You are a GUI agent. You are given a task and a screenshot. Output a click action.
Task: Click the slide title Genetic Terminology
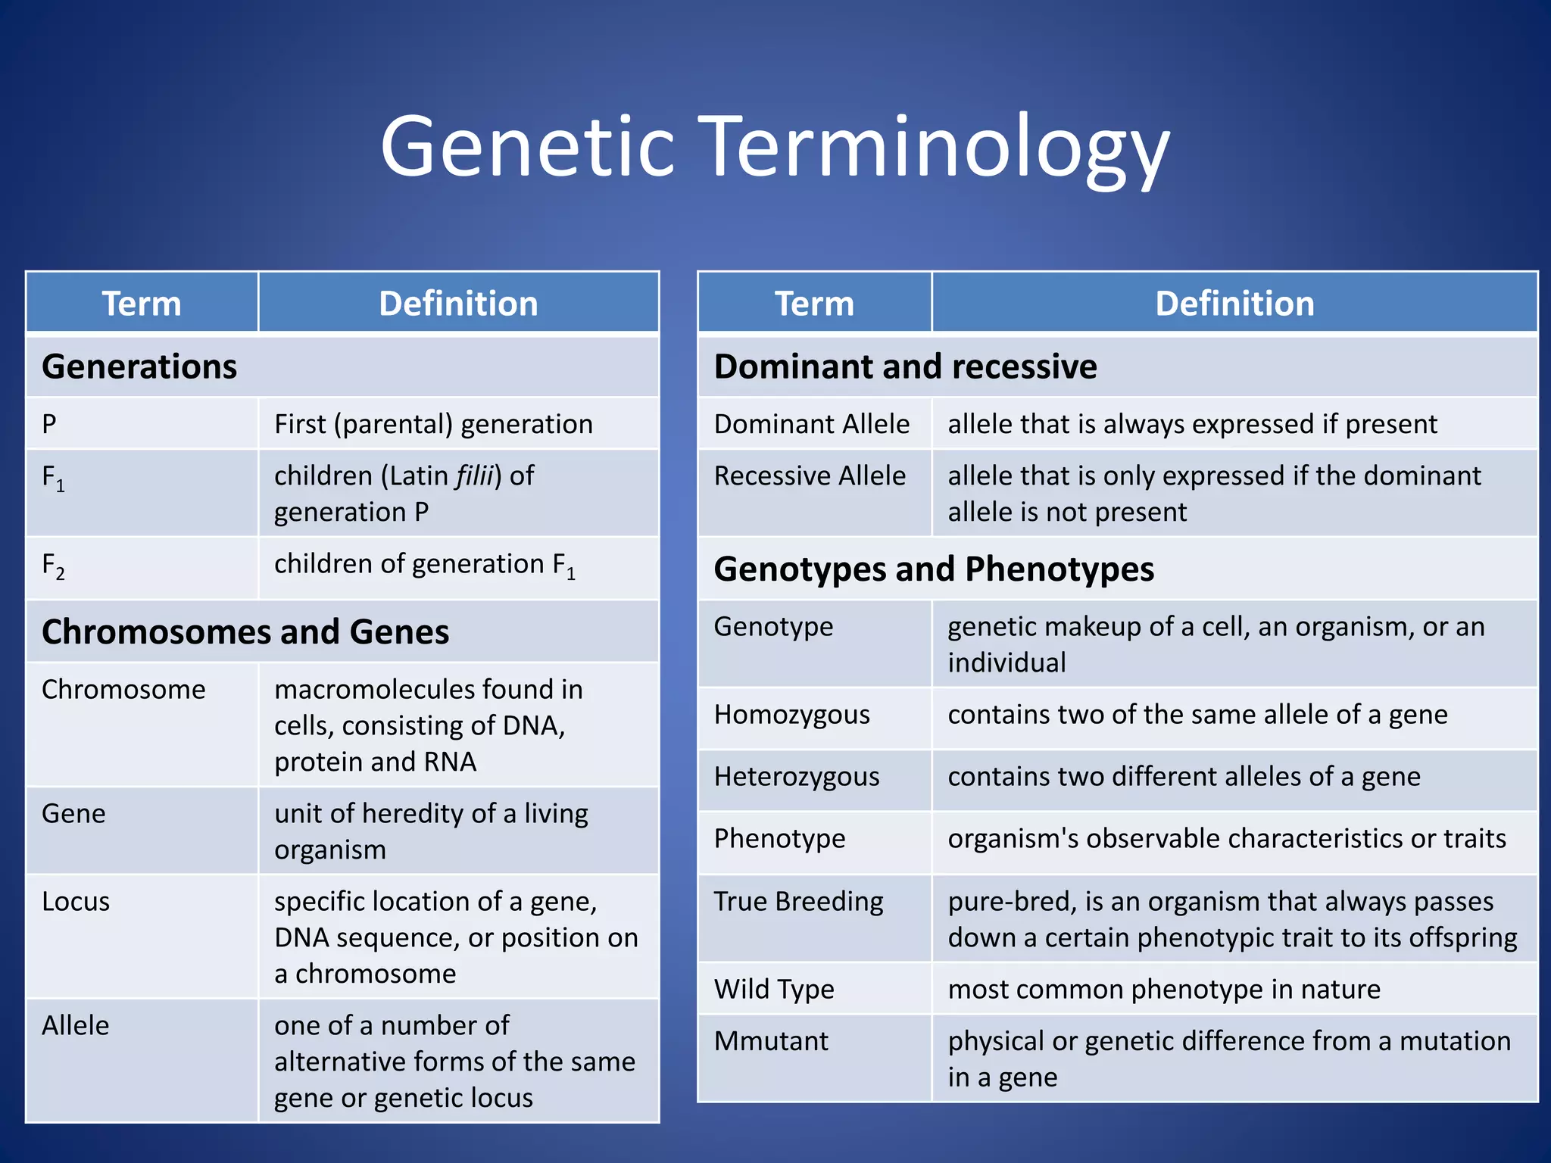click(775, 148)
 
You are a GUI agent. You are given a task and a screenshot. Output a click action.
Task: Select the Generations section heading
click(139, 366)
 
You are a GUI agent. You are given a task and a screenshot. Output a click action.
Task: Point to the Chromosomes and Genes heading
click(245, 632)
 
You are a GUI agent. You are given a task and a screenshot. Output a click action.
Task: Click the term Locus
click(76, 902)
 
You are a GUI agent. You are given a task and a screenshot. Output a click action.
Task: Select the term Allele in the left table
click(76, 1026)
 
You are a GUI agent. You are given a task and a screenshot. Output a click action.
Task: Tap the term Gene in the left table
click(74, 814)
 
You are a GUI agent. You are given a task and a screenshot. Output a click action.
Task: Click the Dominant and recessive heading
click(905, 366)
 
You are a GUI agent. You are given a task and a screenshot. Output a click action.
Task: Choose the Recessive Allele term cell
click(810, 476)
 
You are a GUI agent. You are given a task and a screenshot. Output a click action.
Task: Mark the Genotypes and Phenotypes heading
click(933, 569)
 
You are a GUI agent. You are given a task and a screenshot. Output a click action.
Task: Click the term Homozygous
click(791, 715)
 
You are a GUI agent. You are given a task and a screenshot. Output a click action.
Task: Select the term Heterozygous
click(796, 777)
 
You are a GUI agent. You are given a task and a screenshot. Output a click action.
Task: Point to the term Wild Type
click(774, 990)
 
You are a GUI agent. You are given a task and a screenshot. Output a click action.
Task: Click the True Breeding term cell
click(798, 902)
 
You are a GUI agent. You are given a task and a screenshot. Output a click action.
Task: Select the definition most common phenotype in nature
click(1163, 990)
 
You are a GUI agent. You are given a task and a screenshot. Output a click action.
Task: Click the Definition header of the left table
click(458, 304)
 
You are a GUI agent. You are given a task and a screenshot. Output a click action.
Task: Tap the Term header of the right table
click(814, 304)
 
